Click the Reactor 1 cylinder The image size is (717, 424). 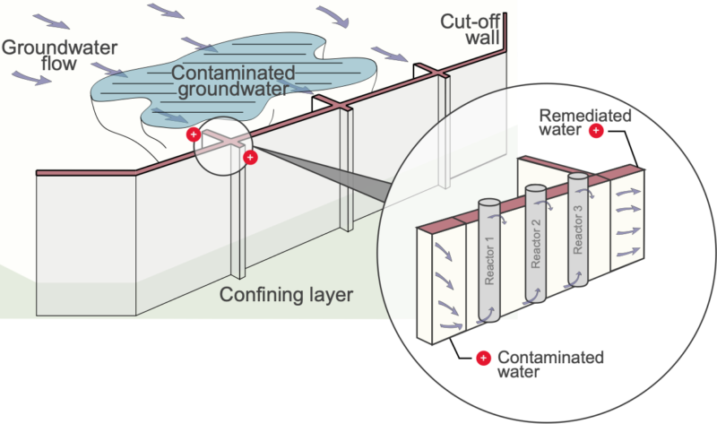[490, 260]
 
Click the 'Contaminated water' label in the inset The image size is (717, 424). [550, 365]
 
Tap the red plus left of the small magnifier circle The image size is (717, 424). [192, 134]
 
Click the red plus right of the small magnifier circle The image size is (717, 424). [250, 158]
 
